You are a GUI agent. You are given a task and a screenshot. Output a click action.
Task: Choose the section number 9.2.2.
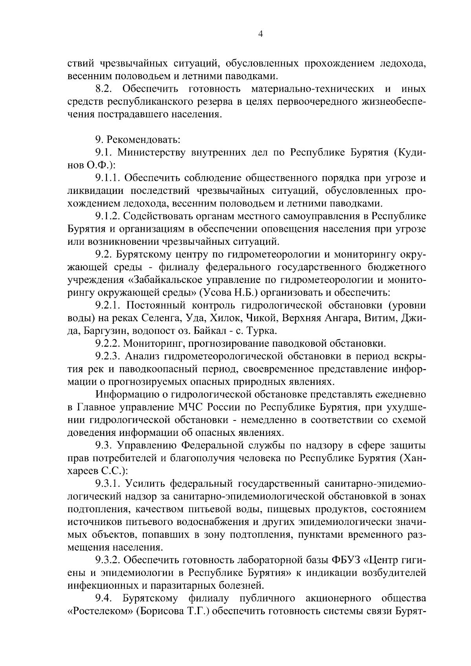point(108,344)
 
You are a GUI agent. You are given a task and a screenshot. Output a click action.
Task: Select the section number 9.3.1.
point(108,484)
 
